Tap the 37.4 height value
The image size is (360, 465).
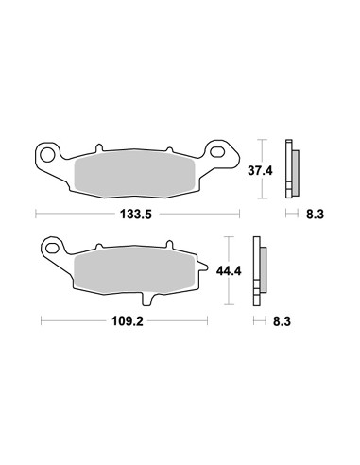275,170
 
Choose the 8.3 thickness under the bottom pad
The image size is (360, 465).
282,320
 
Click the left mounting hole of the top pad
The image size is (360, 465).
45,153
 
